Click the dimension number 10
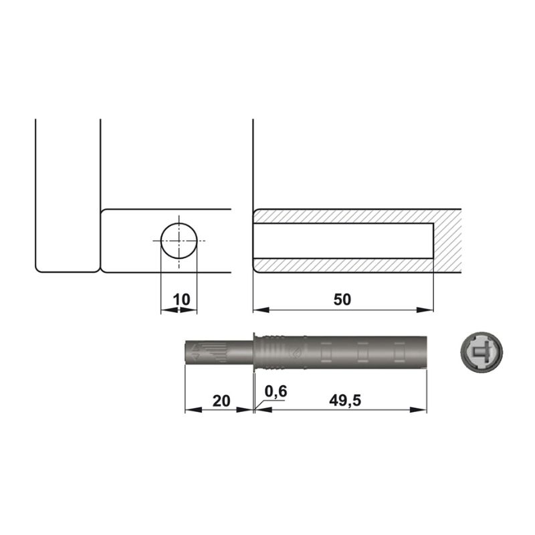pos(181,300)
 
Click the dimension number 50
pos(342,300)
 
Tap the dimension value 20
pos(221,401)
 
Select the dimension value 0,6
pos(276,391)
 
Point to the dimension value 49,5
pos(345,400)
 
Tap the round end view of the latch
pos(481,352)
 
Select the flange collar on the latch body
pos(255,352)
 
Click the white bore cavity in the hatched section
pos(343,241)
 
